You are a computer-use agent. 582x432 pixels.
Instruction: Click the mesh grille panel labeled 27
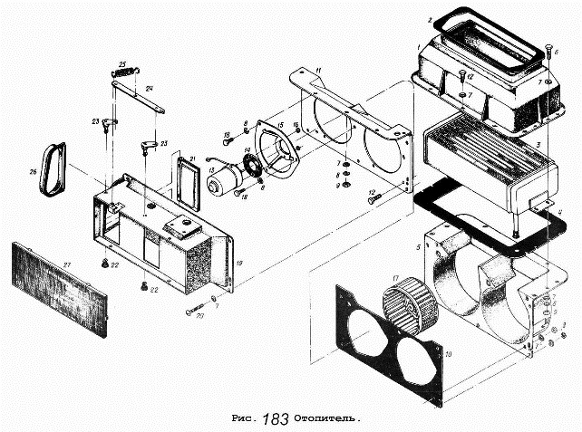coord(59,285)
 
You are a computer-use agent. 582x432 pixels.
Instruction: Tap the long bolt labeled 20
coord(199,311)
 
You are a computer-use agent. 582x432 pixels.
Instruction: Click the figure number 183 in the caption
coord(276,419)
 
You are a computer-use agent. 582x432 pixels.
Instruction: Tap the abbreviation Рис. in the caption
coord(245,420)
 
